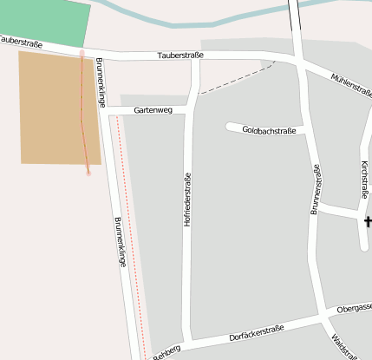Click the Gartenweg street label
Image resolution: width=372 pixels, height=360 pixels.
tap(153, 111)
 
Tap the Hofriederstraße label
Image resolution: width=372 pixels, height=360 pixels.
tap(186, 200)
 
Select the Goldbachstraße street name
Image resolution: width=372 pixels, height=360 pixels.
tap(269, 131)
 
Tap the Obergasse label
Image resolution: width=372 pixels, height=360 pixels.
tap(355, 308)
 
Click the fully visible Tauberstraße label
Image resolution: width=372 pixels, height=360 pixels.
tap(180, 56)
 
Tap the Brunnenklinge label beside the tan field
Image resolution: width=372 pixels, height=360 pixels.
tap(101, 82)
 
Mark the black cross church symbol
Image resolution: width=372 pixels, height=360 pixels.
tap(368, 223)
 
